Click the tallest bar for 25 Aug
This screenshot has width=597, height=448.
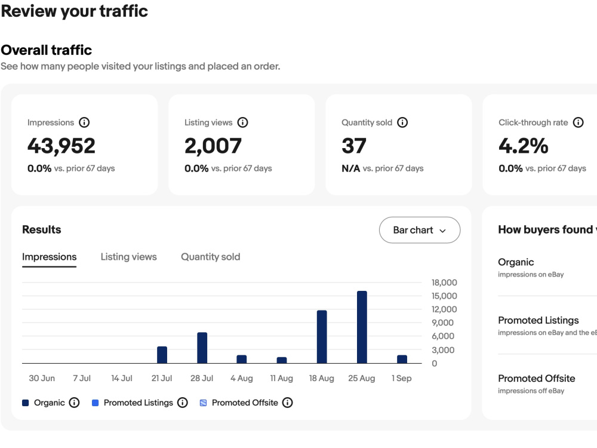(x=362, y=327)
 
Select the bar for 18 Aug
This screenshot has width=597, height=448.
(x=322, y=337)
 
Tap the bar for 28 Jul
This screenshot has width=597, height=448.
(x=202, y=348)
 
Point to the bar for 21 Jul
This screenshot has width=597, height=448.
(x=162, y=355)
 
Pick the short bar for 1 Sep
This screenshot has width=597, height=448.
(x=402, y=359)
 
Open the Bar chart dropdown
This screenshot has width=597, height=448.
(x=420, y=230)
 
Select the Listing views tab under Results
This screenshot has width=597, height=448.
(x=129, y=257)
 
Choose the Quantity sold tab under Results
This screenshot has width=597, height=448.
(x=211, y=257)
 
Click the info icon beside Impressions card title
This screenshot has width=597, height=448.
(x=84, y=122)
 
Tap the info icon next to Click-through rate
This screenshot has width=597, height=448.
(x=578, y=122)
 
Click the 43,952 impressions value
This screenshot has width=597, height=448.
(x=61, y=146)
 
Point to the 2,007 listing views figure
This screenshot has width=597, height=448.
(x=213, y=146)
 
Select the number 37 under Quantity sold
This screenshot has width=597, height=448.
(x=353, y=146)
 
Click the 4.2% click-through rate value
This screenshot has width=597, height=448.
(x=524, y=146)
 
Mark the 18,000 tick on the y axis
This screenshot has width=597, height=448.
(x=444, y=283)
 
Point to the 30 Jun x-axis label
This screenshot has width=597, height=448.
(x=42, y=378)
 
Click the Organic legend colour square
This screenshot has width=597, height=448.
(x=26, y=403)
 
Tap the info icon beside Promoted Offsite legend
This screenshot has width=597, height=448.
(x=288, y=403)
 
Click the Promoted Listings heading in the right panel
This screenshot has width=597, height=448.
(x=538, y=320)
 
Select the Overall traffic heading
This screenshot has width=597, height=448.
(x=47, y=50)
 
